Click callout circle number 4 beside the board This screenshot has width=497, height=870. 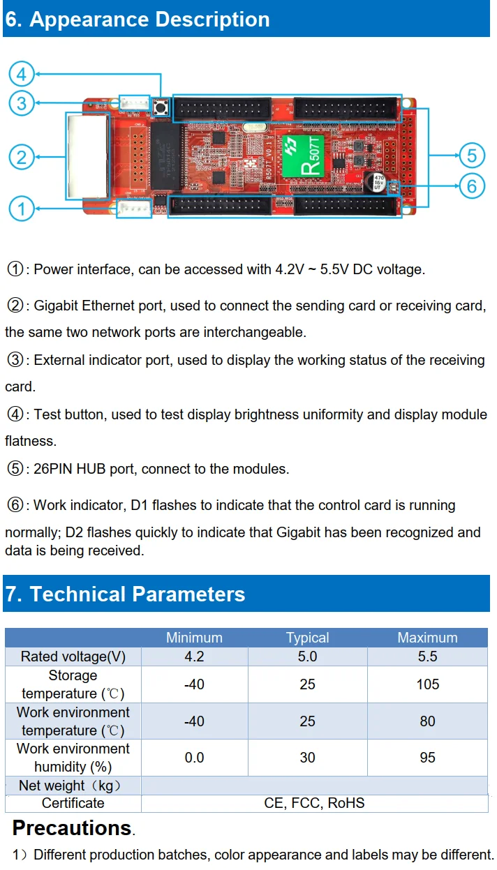22,74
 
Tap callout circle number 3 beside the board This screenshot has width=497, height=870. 22,103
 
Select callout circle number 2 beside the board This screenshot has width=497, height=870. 22,156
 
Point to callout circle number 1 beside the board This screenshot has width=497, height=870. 22,208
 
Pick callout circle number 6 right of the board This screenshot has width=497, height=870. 472,186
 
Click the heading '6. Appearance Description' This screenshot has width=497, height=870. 137,19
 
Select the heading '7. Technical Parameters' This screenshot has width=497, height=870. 126,594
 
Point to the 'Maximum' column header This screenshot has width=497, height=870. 427,638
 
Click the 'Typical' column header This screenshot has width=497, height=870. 307,638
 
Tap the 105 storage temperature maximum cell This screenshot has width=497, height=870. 427,684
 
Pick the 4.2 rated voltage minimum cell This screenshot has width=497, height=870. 194,657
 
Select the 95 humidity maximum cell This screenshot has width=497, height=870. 427,758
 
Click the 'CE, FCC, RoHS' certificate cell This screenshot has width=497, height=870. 314,803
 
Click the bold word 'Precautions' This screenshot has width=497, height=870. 72,829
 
